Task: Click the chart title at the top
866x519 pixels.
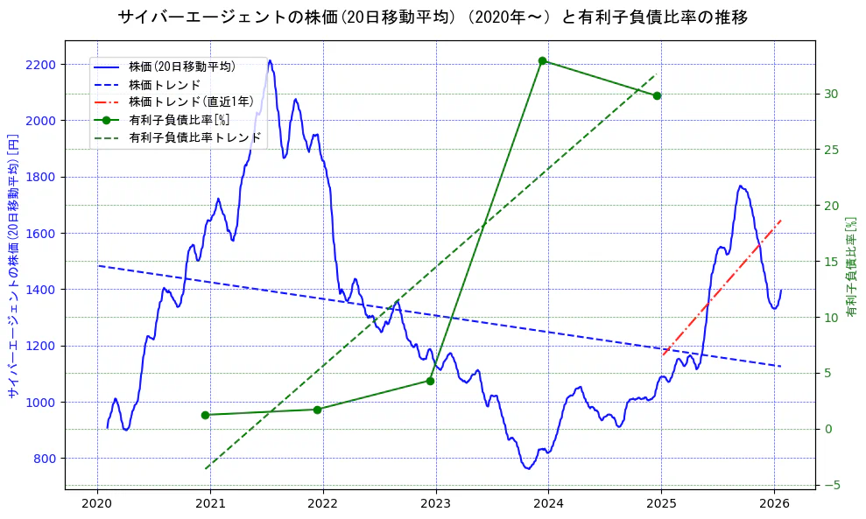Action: [x=433, y=17]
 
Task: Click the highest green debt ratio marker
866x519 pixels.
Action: [x=543, y=60]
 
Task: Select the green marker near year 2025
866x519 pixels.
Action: [x=657, y=95]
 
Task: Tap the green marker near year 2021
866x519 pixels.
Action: [x=205, y=415]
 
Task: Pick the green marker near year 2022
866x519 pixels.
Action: [x=317, y=410]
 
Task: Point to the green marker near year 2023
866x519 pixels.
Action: [x=430, y=381]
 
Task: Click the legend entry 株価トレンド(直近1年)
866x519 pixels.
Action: [x=191, y=102]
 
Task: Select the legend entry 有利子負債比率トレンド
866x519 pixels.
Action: [x=195, y=137]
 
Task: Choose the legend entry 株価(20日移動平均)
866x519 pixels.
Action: [x=181, y=66]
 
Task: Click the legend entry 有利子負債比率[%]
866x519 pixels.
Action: [x=180, y=120]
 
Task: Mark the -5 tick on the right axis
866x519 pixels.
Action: [x=829, y=485]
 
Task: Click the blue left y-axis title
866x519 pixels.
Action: [x=13, y=266]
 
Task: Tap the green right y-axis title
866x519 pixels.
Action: [x=852, y=266]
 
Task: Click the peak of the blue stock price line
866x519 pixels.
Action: [x=270, y=61]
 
